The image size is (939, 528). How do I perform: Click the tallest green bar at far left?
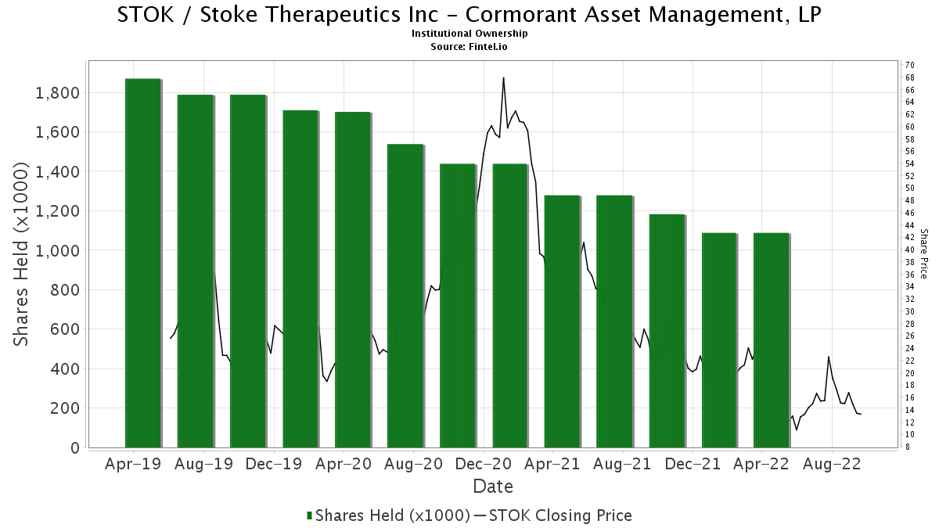click(x=142, y=263)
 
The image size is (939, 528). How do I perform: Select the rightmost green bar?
click(x=772, y=340)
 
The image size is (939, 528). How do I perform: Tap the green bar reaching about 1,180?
click(x=667, y=331)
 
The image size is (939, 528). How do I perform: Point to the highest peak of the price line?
click(x=503, y=77)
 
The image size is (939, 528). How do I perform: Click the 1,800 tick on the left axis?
click(x=59, y=93)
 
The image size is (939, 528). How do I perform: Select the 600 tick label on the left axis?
click(x=65, y=329)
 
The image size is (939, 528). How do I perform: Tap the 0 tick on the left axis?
click(x=75, y=447)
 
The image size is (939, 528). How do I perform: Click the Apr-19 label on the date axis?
click(x=133, y=464)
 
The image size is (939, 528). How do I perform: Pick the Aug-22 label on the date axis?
click(x=833, y=464)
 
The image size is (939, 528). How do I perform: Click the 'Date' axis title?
click(x=493, y=487)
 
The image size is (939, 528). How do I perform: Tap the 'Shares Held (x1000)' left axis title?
click(x=23, y=254)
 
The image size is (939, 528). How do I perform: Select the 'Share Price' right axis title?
click(x=923, y=253)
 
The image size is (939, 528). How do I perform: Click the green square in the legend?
click(x=310, y=515)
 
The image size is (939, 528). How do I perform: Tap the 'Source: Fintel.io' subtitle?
click(x=469, y=46)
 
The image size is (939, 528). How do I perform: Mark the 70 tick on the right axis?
click(x=909, y=64)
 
